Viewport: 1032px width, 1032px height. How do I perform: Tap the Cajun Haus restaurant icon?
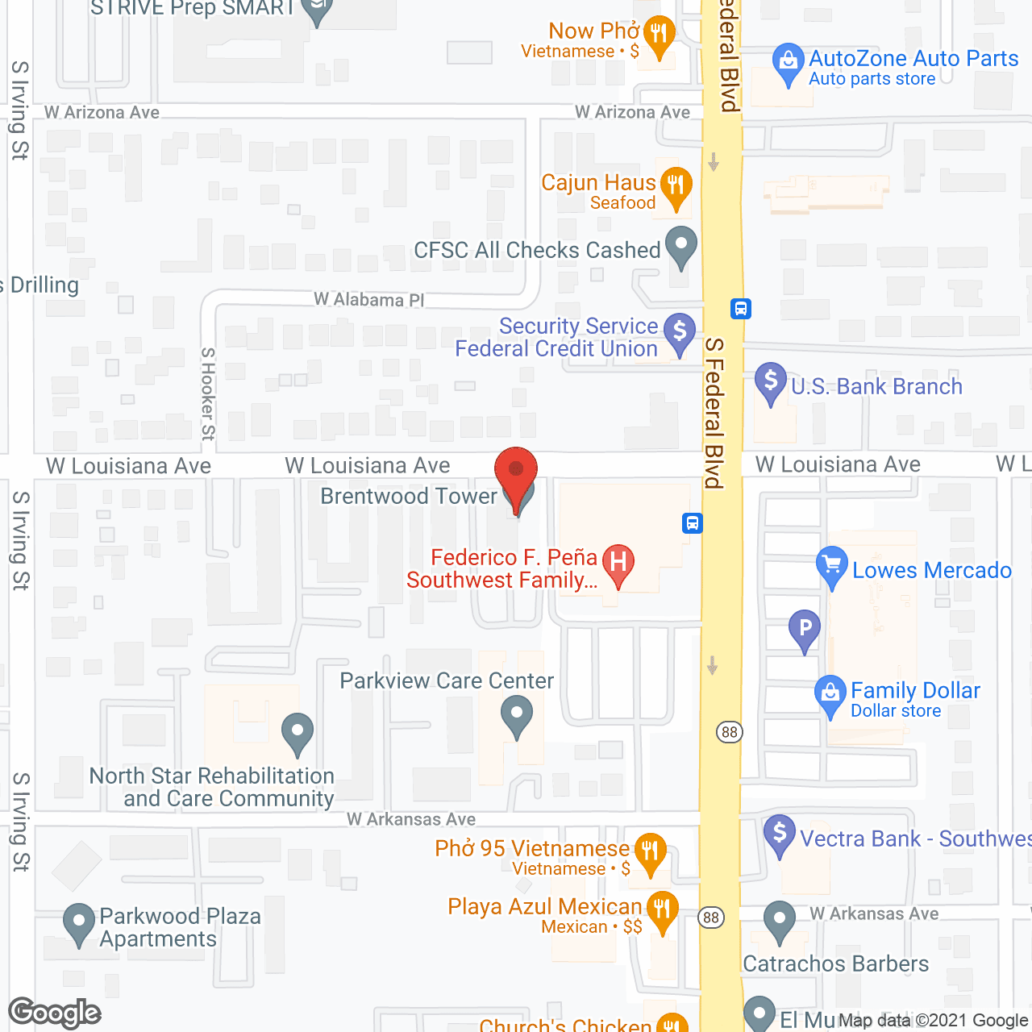[x=676, y=186]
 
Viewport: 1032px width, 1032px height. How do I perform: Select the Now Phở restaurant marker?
[x=660, y=35]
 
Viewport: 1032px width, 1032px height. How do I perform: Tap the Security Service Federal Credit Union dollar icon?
[x=679, y=331]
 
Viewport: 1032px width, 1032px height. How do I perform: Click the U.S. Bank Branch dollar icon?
[x=771, y=381]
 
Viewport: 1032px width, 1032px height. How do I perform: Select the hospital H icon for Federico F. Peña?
[x=618, y=562]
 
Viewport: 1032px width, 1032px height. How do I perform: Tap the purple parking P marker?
[x=804, y=628]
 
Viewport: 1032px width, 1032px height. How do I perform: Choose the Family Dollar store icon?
[x=830, y=693]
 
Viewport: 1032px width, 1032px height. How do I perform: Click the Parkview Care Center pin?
[x=516, y=715]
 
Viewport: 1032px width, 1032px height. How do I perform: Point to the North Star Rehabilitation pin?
[x=298, y=732]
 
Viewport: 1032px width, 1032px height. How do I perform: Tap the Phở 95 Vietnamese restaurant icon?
[x=650, y=851]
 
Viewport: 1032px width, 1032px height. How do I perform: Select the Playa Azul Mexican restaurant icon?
[x=661, y=910]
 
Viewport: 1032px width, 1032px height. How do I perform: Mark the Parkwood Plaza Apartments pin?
[x=78, y=922]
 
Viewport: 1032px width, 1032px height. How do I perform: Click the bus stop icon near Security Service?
[x=741, y=308]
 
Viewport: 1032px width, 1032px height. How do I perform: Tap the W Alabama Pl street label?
[x=368, y=300]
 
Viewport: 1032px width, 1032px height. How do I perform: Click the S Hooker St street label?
[x=208, y=394]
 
